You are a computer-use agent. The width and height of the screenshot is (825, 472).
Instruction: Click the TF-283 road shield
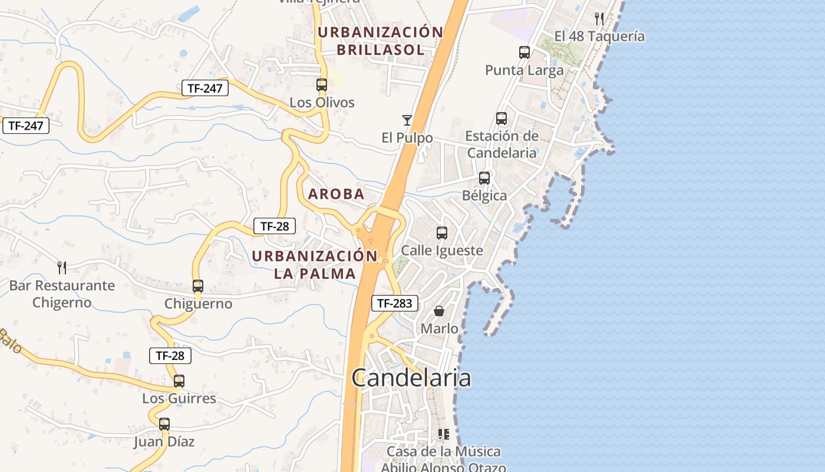(x=395, y=303)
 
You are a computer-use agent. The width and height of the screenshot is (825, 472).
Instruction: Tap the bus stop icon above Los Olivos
(x=321, y=84)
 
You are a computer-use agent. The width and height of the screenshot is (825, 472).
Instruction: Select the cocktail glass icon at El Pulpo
(x=407, y=120)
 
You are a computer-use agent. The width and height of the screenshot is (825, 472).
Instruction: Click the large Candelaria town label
(x=411, y=378)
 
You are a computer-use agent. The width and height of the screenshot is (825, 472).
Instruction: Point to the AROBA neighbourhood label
(x=336, y=194)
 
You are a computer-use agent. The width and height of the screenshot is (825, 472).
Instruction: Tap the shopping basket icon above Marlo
(x=439, y=310)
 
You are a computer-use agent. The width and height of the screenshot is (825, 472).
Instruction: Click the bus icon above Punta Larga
(x=524, y=52)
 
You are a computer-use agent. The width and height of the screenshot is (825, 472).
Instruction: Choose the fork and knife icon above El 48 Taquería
(x=599, y=18)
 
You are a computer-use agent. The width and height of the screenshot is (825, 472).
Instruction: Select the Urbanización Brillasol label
(x=381, y=41)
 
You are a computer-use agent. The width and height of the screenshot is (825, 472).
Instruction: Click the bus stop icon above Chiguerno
(x=198, y=286)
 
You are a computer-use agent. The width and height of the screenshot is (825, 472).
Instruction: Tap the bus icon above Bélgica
(x=484, y=178)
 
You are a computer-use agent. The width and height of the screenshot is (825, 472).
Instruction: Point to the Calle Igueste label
(x=442, y=251)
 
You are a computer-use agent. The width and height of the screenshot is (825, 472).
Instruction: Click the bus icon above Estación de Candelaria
(x=501, y=119)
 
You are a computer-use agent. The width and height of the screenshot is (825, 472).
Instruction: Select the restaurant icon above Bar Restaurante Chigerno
(x=62, y=267)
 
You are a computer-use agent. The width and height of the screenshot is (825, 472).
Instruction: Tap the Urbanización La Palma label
(x=315, y=264)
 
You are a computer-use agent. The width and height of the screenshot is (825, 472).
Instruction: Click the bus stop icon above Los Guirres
(x=179, y=381)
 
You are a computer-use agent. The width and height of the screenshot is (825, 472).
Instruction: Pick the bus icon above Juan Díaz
(x=164, y=424)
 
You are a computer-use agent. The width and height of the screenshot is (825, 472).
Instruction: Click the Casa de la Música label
(x=444, y=451)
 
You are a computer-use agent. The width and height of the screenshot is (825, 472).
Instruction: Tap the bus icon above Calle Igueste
(x=442, y=233)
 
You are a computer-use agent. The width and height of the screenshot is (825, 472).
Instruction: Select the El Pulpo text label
(x=407, y=138)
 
